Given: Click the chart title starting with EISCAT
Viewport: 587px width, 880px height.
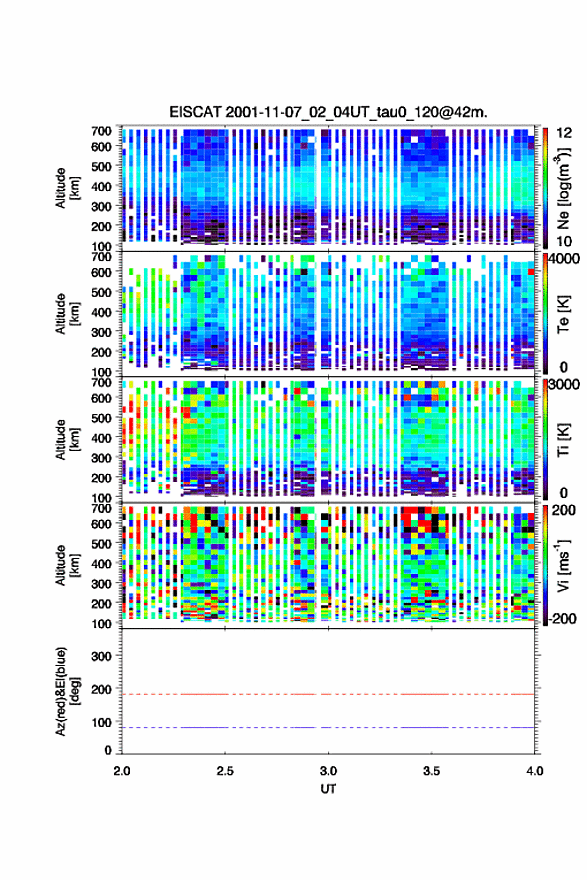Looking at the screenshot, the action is (328, 112).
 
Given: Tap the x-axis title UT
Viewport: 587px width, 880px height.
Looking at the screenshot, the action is (328, 789).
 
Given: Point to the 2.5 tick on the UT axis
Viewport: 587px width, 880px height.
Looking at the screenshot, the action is (225, 771).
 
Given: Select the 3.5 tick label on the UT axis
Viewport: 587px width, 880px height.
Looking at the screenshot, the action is (431, 771).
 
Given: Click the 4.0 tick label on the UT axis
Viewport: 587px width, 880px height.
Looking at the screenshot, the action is (534, 771).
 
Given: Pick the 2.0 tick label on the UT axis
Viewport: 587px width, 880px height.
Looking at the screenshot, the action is (122, 771).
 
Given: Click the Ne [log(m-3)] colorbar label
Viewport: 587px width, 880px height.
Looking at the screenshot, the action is (563, 188).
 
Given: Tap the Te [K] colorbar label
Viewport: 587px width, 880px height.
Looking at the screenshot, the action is (563, 314).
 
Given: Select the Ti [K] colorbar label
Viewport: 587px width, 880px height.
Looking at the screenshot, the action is (563, 439).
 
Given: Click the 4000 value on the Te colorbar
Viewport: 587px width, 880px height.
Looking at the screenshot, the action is (564, 260).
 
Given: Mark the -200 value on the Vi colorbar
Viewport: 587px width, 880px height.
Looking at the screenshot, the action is (560, 618).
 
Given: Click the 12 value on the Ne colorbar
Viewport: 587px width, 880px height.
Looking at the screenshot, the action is (564, 133).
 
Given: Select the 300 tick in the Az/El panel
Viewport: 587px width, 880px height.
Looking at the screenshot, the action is (102, 656).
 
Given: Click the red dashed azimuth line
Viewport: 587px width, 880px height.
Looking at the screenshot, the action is (328, 694).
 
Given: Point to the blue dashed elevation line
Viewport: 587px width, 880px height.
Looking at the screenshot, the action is (328, 727).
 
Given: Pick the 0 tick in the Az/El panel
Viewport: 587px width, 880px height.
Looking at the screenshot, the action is (108, 750).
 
